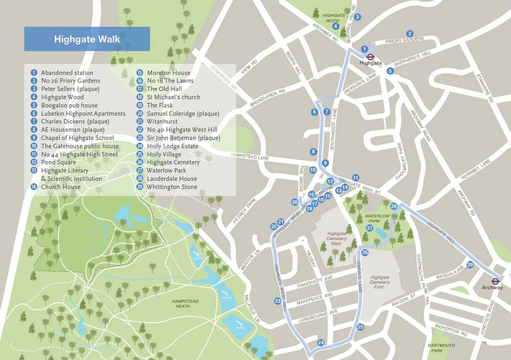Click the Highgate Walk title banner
click(87, 39)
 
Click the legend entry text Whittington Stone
click(172, 187)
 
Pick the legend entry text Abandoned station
click(67, 73)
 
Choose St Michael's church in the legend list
click(173, 97)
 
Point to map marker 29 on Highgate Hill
click(470, 264)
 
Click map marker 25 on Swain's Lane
click(360, 327)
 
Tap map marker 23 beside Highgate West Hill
click(277, 301)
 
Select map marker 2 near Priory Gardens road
click(410, 33)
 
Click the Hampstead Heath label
click(185, 304)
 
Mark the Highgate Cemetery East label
click(380, 282)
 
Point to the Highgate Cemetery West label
click(337, 238)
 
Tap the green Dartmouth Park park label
click(441, 348)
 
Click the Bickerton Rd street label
click(450, 330)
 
